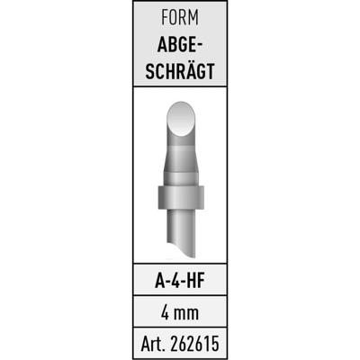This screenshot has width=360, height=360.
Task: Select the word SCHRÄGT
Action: [x=180, y=72]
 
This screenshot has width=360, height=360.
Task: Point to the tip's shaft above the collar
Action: [x=180, y=162]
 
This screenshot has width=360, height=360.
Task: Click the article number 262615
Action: [x=194, y=343]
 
